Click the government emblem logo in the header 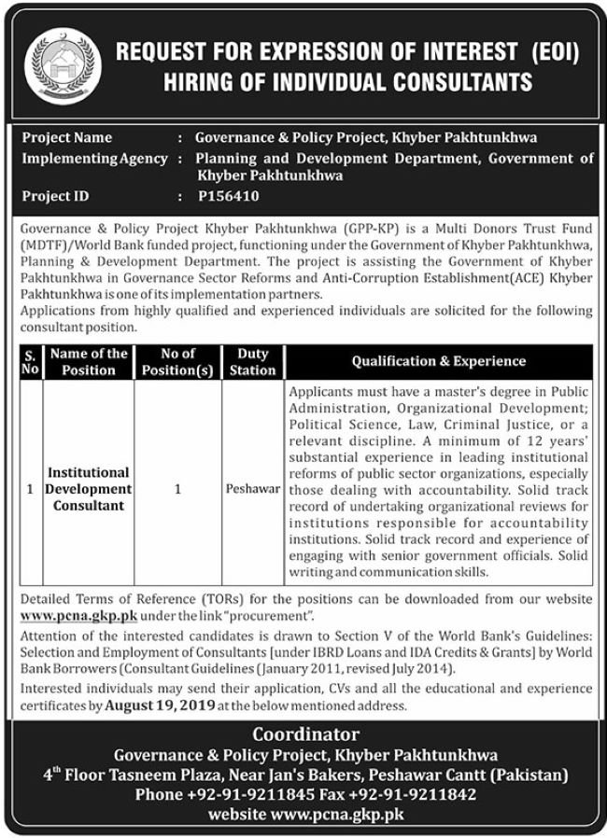pyautogui.click(x=61, y=65)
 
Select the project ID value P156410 pyautogui.click(x=228, y=196)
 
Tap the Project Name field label pyautogui.click(x=67, y=137)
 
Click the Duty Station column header pyautogui.click(x=252, y=362)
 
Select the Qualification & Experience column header pyautogui.click(x=439, y=361)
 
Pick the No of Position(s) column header pyautogui.click(x=177, y=362)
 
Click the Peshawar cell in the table pyautogui.click(x=252, y=489)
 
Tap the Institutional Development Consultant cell pyautogui.click(x=89, y=489)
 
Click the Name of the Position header pyautogui.click(x=89, y=362)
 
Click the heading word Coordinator pyautogui.click(x=304, y=734)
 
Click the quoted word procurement pyautogui.click(x=280, y=618)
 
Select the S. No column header pyautogui.click(x=29, y=362)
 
